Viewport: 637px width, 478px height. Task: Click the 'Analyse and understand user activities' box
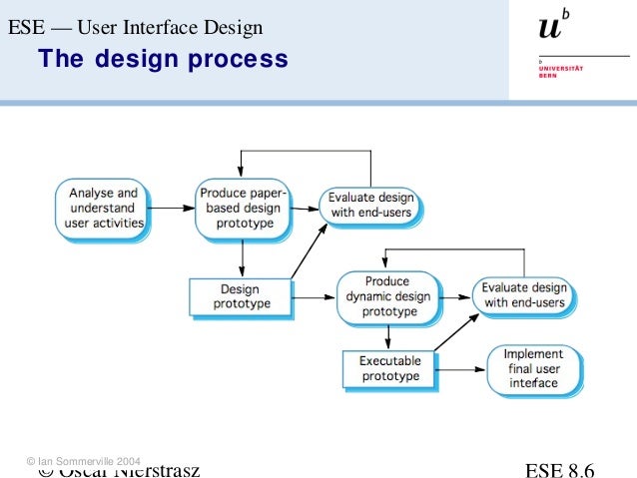coord(103,208)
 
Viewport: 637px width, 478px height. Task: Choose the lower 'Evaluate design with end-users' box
coord(522,295)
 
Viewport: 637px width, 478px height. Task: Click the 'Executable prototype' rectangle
coord(389,367)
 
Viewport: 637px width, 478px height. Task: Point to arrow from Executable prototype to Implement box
coord(460,369)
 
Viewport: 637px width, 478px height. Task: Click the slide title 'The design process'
coord(163,60)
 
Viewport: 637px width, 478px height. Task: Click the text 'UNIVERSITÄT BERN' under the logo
coord(555,72)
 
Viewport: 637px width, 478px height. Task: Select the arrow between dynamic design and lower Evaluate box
coord(455,296)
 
